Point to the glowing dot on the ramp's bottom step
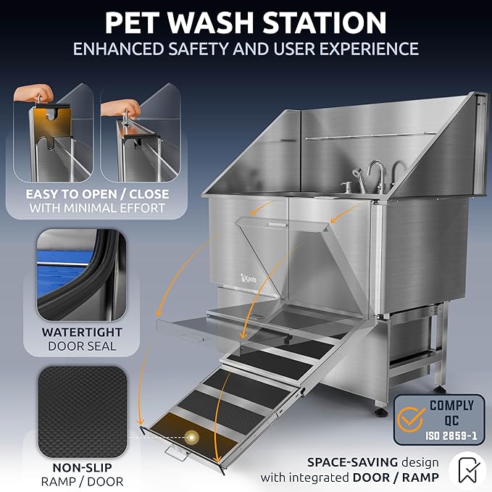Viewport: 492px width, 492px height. pyautogui.click(x=192, y=437)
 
